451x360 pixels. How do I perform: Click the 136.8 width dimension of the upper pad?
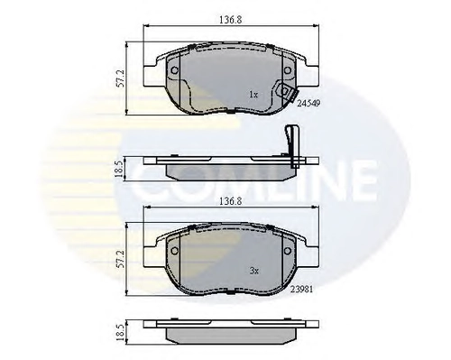pyautogui.click(x=230, y=20)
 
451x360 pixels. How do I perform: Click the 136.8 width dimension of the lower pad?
pyautogui.click(x=230, y=201)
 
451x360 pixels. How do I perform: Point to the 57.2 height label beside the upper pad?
pyautogui.click(x=120, y=78)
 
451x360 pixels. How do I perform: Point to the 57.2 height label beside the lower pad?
pyautogui.click(x=120, y=259)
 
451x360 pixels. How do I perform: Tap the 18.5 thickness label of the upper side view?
pyautogui.click(x=119, y=169)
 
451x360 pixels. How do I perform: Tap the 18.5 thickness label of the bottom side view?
pyautogui.click(x=120, y=332)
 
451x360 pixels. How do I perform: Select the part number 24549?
pyautogui.click(x=308, y=103)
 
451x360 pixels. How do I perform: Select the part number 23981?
pyautogui.click(x=301, y=289)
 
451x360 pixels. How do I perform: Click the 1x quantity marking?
pyautogui.click(x=253, y=95)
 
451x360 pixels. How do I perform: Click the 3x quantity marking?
pyautogui.click(x=254, y=271)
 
